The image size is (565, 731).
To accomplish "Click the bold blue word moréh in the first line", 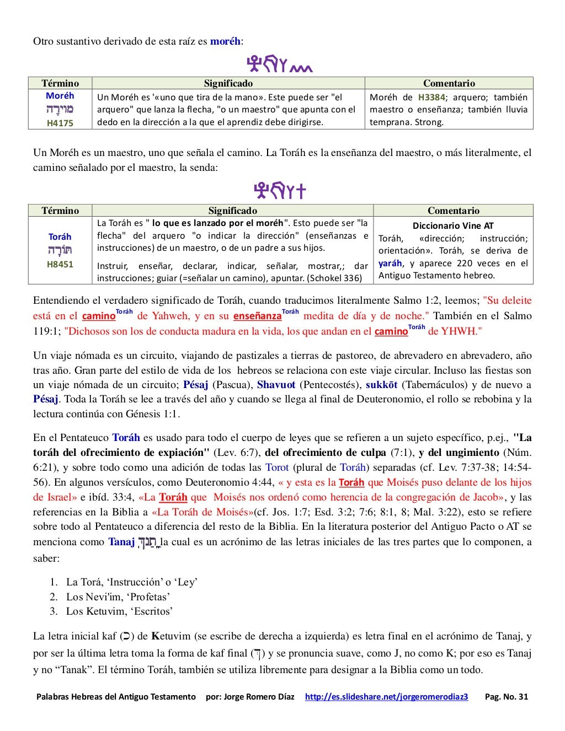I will pos(225,41).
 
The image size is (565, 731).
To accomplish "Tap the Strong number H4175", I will pos(60,123).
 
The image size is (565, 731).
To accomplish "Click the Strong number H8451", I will pos(60,264).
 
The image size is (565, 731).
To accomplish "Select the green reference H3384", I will pos(431,97).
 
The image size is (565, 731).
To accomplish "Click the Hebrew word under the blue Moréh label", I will pos(60,109).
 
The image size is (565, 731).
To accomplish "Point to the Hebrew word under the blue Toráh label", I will pos(60,250).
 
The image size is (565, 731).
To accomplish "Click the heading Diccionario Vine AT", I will pos(453,225).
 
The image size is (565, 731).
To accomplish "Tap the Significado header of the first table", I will pos(228,83).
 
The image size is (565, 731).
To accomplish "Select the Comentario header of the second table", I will pos(453,211).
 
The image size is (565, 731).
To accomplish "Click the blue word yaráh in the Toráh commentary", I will pos(390,264).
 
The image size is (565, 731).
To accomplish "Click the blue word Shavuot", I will pos(276,385).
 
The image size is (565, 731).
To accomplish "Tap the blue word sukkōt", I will pos(381,385).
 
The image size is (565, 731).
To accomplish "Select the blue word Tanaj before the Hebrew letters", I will pos(121,542).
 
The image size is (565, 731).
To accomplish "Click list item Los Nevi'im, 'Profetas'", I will pos(118,596).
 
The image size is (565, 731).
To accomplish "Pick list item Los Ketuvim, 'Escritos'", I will pos(119,611).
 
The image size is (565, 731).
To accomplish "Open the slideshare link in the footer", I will pos(386,697).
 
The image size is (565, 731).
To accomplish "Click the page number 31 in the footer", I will pos(522,697).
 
